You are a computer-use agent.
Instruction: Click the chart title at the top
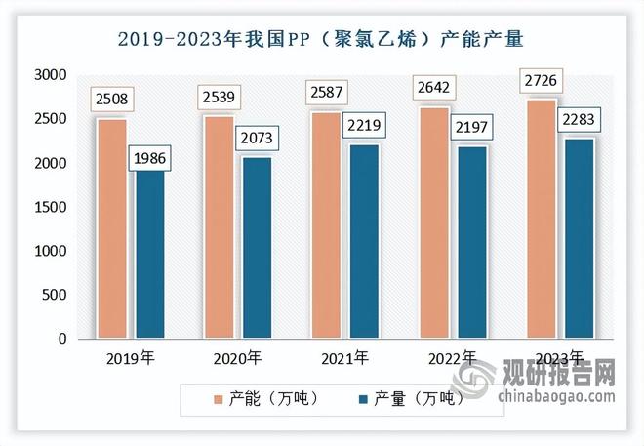pos(321,40)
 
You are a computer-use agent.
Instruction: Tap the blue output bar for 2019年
pos(151,254)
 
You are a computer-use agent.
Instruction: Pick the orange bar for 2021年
pos(327,225)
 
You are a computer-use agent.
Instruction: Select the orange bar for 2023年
pos(542,219)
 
